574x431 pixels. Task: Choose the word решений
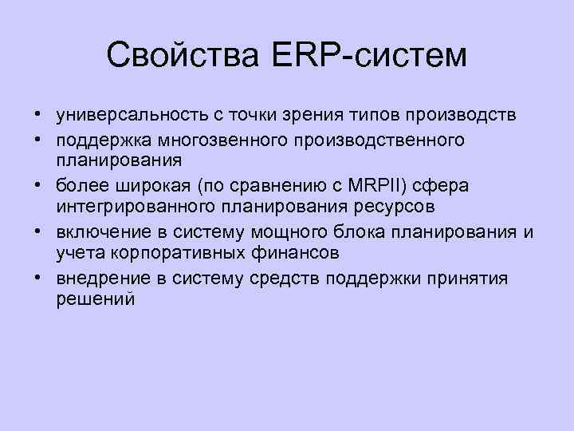[x=96, y=299]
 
